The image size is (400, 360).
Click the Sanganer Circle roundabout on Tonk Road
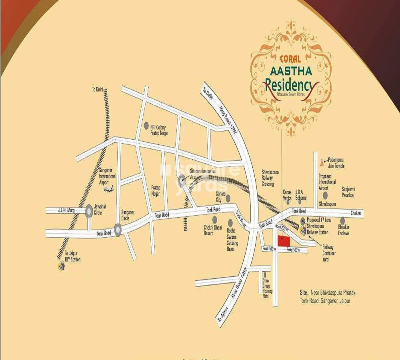(118, 229)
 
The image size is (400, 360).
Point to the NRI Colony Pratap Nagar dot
(146, 125)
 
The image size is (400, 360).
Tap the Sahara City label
(219, 197)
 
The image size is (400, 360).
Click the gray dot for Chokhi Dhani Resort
(215, 219)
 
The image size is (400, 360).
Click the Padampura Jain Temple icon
(322, 163)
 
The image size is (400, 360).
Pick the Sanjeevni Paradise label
(348, 192)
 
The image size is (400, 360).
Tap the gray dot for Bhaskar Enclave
(342, 220)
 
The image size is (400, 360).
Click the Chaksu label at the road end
(356, 214)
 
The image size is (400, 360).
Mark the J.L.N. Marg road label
(66, 210)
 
